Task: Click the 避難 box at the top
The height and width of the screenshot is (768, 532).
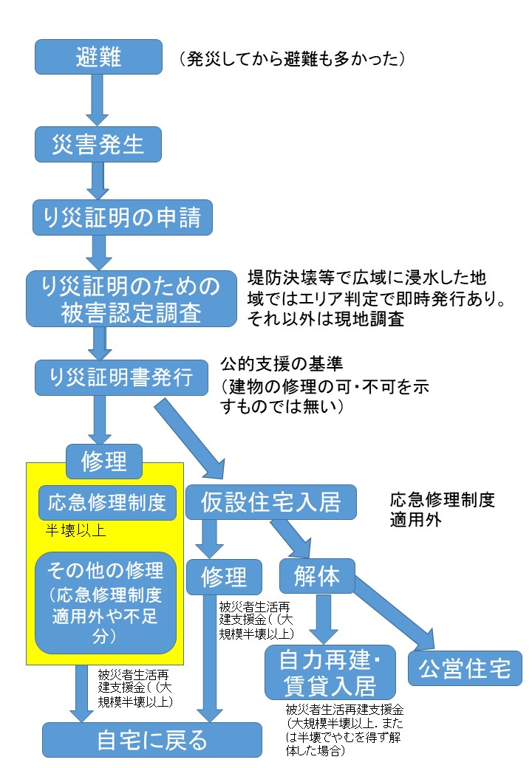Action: click(x=98, y=57)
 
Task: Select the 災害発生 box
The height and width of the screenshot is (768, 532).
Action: click(x=98, y=144)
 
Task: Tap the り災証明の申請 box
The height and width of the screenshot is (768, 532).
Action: click(x=117, y=218)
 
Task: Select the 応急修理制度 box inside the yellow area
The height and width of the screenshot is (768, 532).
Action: click(x=107, y=503)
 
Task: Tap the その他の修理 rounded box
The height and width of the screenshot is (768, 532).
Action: click(x=106, y=602)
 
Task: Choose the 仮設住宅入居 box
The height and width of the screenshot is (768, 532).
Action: click(x=271, y=503)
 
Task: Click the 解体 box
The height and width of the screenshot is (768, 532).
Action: click(x=317, y=577)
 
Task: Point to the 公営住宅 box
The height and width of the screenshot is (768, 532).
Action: click(x=465, y=668)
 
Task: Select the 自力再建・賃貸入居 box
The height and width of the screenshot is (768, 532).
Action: click(x=330, y=672)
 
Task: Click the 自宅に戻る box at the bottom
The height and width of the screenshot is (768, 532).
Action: click(x=152, y=739)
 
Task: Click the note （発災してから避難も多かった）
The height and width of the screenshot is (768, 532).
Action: click(x=291, y=59)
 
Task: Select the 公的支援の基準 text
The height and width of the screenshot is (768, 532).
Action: click(x=281, y=364)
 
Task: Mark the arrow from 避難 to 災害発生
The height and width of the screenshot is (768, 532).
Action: click(x=98, y=100)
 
